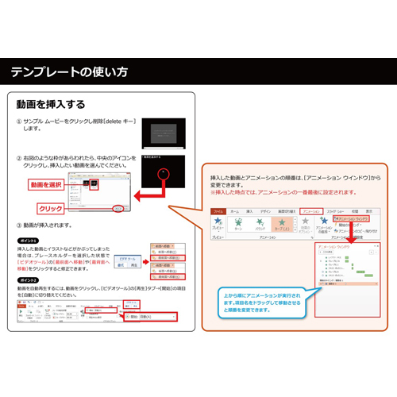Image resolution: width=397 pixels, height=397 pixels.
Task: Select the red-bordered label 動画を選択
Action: click(46, 185)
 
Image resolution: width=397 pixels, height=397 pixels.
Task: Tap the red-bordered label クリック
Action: click(50, 209)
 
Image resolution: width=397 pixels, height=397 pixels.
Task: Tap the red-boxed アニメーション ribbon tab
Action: click(314, 211)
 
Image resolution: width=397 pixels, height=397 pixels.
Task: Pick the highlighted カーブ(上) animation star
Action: click(280, 225)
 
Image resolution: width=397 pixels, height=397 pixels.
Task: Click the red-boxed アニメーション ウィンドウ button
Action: click(356, 218)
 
